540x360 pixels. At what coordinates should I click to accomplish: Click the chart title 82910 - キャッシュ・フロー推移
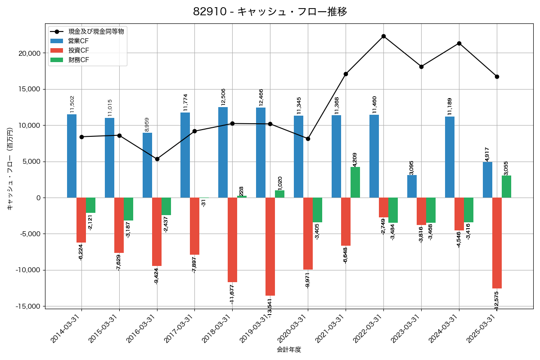pos(270,12)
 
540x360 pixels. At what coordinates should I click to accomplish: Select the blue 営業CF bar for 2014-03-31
pos(72,156)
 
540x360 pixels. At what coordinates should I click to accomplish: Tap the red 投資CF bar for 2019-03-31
pos(270,247)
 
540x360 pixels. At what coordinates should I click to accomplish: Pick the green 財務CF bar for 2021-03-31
pos(355,182)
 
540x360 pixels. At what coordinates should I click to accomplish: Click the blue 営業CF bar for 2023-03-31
pos(412,186)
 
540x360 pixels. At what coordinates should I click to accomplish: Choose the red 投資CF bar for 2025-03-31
pos(497,243)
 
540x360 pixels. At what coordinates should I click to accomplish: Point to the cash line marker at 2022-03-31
pos(383,36)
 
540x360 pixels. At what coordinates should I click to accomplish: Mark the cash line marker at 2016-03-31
pos(157,159)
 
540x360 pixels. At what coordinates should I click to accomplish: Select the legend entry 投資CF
pos(79,50)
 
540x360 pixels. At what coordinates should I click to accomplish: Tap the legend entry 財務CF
pos(79,60)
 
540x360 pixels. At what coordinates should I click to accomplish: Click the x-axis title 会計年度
pos(289,349)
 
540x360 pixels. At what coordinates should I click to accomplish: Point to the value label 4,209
pos(355,159)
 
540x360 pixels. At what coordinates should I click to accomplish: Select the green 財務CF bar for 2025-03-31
pos(506,186)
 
